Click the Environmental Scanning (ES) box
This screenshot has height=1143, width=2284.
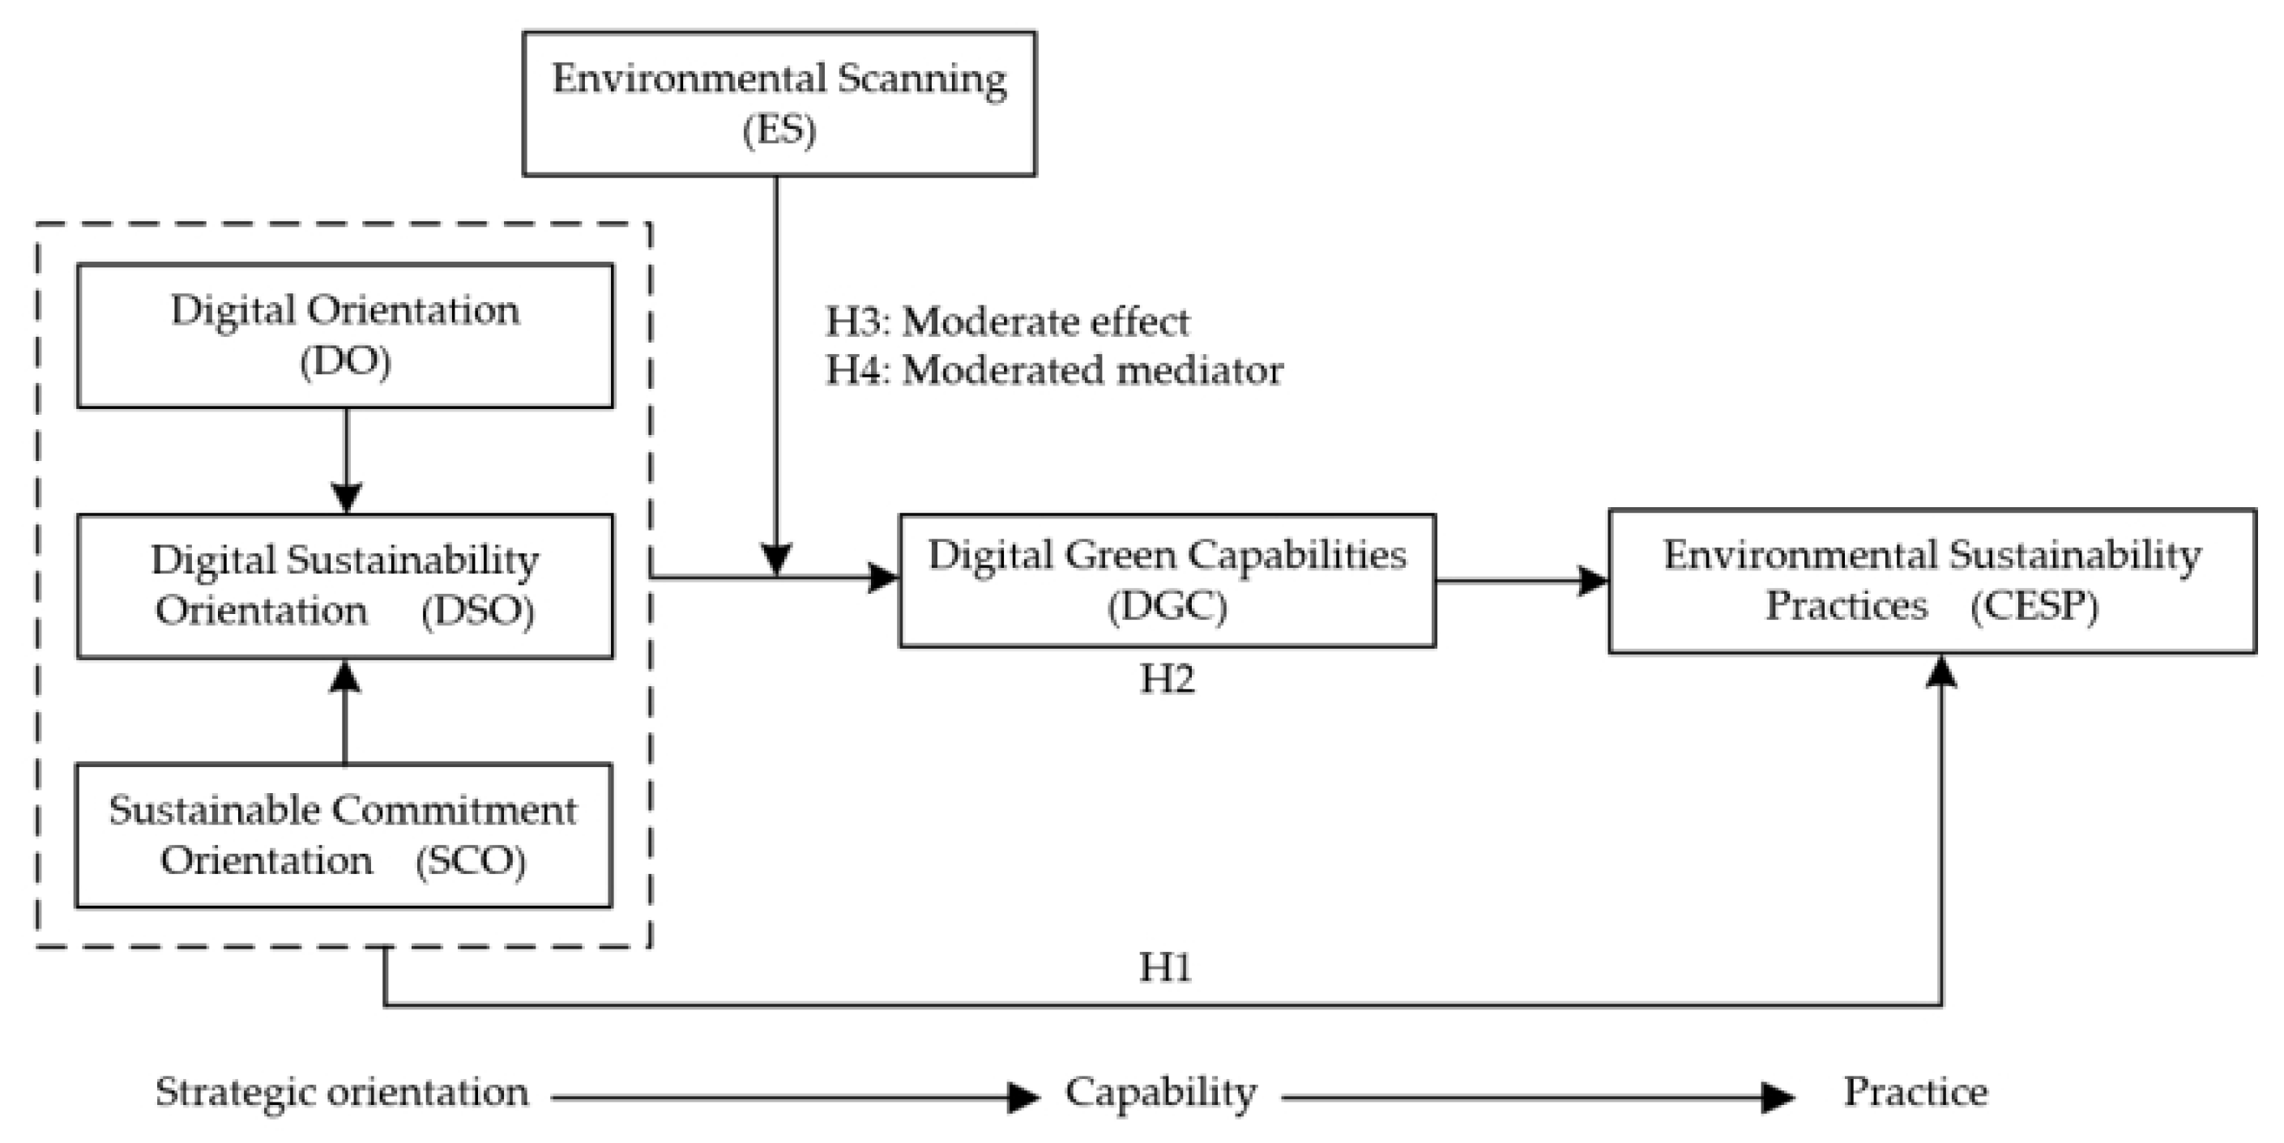click(x=779, y=104)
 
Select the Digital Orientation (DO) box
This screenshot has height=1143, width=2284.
click(x=344, y=335)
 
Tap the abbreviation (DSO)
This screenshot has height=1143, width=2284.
click(x=477, y=611)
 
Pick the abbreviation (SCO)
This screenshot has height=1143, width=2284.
click(x=470, y=861)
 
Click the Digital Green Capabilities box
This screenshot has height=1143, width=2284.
click(x=1166, y=580)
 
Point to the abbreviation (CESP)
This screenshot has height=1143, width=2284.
click(x=2034, y=607)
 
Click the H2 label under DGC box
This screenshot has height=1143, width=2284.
click(x=1166, y=679)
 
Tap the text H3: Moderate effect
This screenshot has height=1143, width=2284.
click(x=1007, y=321)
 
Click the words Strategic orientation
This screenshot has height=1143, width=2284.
click(x=341, y=1093)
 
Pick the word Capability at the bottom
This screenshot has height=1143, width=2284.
click(x=1159, y=1093)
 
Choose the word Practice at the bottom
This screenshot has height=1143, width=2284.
click(x=1915, y=1093)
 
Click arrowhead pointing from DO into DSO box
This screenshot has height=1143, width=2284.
click(x=346, y=498)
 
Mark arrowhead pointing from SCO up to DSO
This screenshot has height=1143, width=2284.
click(x=345, y=676)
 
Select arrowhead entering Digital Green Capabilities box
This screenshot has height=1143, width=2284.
click(x=883, y=578)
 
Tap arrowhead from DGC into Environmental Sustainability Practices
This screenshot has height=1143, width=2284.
click(x=1594, y=582)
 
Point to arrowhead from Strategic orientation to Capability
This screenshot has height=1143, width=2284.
click(x=1023, y=1098)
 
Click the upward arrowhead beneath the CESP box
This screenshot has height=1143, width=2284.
click(x=1942, y=672)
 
